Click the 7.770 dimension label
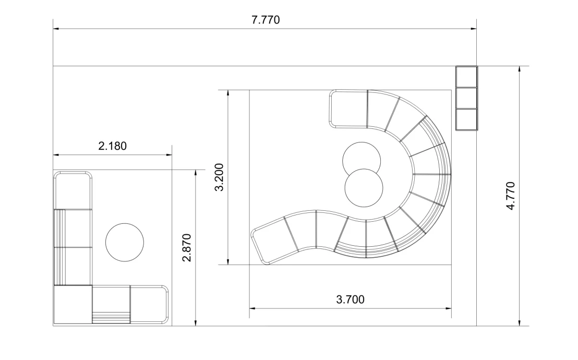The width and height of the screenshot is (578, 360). (266, 19)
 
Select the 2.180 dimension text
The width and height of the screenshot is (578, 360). (113, 146)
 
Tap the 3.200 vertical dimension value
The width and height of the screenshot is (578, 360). (219, 177)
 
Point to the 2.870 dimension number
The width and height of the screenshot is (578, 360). (187, 247)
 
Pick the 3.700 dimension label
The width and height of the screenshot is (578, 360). (350, 299)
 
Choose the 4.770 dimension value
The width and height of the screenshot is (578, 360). (511, 196)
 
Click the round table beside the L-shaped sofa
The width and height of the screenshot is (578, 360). (125, 242)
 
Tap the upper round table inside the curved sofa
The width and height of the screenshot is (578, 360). (361, 159)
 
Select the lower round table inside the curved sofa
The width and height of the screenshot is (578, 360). (364, 188)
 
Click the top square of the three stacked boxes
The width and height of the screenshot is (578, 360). (467, 77)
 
